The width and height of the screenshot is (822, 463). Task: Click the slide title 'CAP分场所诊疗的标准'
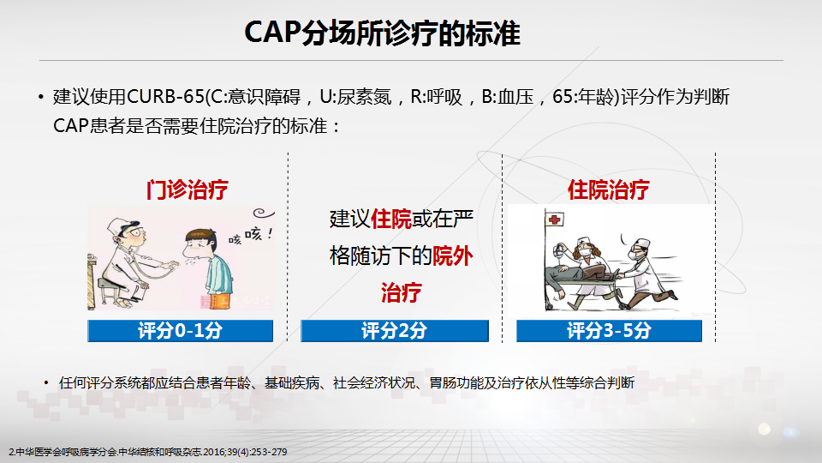click(x=382, y=33)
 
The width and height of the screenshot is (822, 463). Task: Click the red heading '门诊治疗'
click(x=188, y=189)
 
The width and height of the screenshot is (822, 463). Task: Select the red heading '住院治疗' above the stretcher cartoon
click(x=609, y=189)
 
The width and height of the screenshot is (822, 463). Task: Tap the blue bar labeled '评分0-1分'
click(x=181, y=331)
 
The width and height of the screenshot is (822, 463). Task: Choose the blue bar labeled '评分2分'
click(x=394, y=331)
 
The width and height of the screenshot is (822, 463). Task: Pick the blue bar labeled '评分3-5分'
click(x=609, y=331)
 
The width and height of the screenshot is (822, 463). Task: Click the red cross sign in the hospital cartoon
click(x=554, y=219)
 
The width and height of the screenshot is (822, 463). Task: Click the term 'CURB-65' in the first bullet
click(x=165, y=97)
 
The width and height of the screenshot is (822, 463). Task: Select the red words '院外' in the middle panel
click(x=452, y=256)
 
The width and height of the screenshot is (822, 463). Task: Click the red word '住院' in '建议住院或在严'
click(x=391, y=219)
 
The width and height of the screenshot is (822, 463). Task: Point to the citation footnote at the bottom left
click(x=148, y=452)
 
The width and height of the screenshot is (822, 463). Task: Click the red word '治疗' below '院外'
click(x=401, y=292)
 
